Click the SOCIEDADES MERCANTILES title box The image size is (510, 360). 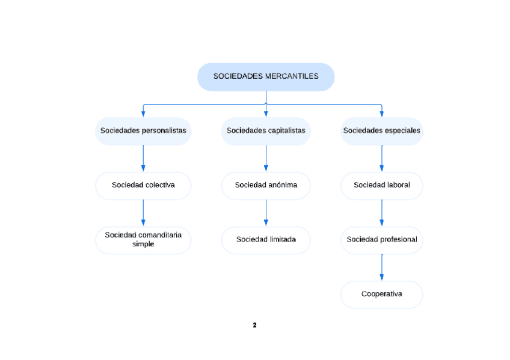click(266, 77)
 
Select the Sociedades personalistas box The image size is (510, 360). click(143, 130)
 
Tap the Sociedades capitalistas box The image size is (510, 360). click(266, 130)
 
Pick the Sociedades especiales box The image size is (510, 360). click(382, 130)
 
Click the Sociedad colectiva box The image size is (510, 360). click(143, 185)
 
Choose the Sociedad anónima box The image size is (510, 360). click(266, 185)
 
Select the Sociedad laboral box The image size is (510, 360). click(382, 185)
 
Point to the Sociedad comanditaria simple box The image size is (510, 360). click(143, 240)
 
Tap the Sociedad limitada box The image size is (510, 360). click(266, 240)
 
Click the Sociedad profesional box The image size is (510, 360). click(382, 240)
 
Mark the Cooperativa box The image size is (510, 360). click(382, 294)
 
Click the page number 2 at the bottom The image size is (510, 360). click(254, 325)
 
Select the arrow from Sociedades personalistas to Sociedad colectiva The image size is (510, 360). click(143, 159)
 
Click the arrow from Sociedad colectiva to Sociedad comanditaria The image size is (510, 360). click(143, 213)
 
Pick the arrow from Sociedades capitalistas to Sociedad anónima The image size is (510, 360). click(266, 159)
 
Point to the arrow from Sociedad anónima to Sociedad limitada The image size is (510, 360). click(266, 213)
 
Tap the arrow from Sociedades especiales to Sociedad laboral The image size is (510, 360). click(382, 159)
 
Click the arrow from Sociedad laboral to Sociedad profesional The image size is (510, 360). click(382, 213)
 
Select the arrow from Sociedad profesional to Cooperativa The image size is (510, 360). click(382, 267)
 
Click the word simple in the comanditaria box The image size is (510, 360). click(143, 245)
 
